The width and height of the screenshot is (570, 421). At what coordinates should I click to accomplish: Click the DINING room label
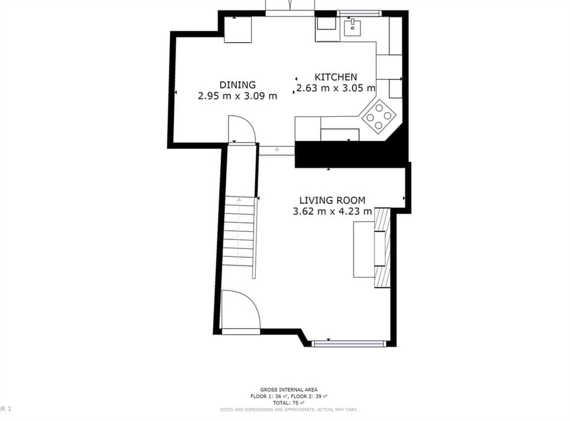tap(237, 85)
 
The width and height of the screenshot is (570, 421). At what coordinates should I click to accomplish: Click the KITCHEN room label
tap(336, 77)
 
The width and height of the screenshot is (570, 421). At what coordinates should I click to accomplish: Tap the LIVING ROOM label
tap(332, 200)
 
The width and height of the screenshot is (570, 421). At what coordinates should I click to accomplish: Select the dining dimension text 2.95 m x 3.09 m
tap(237, 96)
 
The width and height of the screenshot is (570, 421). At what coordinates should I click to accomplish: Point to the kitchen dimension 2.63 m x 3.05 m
tap(336, 88)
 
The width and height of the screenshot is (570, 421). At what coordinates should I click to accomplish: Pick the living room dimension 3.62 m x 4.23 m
tap(332, 211)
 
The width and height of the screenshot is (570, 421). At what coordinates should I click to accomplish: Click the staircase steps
tap(238, 234)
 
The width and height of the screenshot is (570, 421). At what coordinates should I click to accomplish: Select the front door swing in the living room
tap(239, 310)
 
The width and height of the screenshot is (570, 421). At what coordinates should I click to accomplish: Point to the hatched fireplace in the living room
tap(382, 248)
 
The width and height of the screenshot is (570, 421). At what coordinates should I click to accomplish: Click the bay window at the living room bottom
tap(349, 344)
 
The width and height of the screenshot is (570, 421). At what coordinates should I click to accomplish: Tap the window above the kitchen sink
tap(359, 13)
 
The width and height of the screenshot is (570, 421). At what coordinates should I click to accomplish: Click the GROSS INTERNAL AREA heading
tap(288, 389)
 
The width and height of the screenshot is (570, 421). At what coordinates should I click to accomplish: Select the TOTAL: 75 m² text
tap(288, 402)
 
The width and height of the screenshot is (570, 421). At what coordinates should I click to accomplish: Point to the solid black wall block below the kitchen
tap(342, 154)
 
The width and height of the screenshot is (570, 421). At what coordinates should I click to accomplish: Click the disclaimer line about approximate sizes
tap(288, 409)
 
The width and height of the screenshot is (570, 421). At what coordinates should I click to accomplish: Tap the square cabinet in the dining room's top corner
tap(238, 30)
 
